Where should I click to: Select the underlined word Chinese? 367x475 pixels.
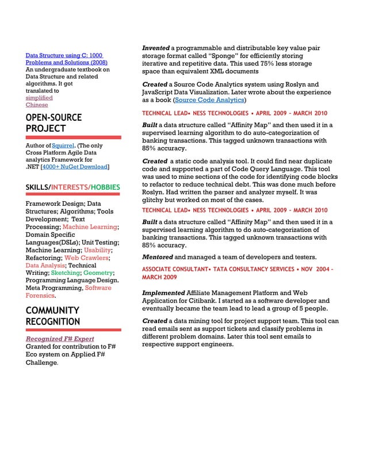(x=37, y=105)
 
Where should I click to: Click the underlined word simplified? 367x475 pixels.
(x=39, y=98)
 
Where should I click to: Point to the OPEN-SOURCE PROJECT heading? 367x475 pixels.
(x=53, y=123)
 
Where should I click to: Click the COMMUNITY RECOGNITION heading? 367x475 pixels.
(x=53, y=316)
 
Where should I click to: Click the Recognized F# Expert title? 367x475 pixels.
(x=60, y=339)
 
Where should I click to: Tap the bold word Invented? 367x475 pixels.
(x=156, y=48)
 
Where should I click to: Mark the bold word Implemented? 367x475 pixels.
(x=163, y=293)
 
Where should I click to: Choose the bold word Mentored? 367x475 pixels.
(x=157, y=256)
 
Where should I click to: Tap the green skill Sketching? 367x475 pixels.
(x=66, y=273)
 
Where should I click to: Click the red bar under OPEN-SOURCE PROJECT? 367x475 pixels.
(x=73, y=137)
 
